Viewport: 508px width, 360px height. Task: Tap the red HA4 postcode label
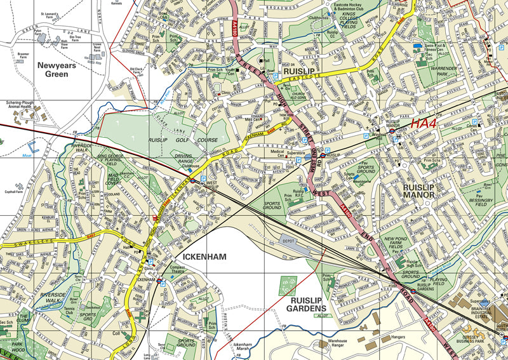424,124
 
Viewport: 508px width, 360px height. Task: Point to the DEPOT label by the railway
290,241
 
